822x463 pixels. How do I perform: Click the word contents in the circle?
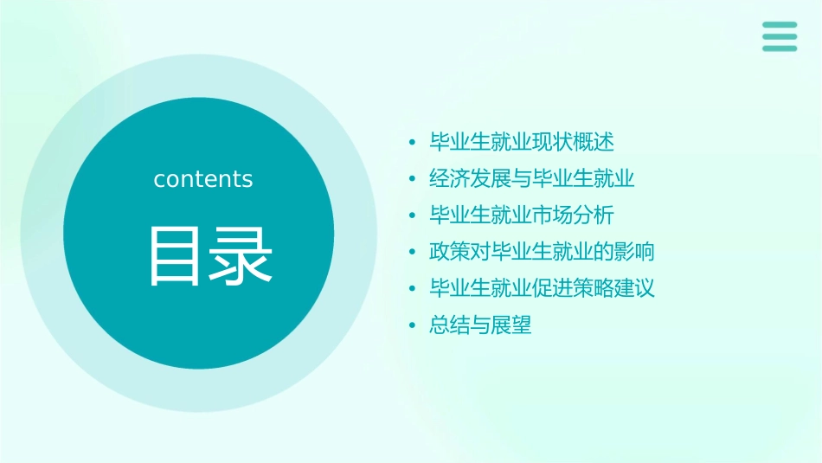click(x=203, y=179)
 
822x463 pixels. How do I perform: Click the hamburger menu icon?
click(x=780, y=36)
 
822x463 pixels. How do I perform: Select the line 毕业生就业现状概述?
click(x=522, y=142)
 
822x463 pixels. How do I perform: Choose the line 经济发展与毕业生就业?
click(x=532, y=179)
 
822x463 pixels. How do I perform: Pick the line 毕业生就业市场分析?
click(x=522, y=215)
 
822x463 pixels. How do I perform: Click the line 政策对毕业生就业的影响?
click(x=542, y=252)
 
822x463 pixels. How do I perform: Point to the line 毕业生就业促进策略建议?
click(x=542, y=288)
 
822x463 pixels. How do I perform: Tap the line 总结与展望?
click(x=480, y=325)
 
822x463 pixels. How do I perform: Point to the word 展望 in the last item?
click(x=511, y=325)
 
